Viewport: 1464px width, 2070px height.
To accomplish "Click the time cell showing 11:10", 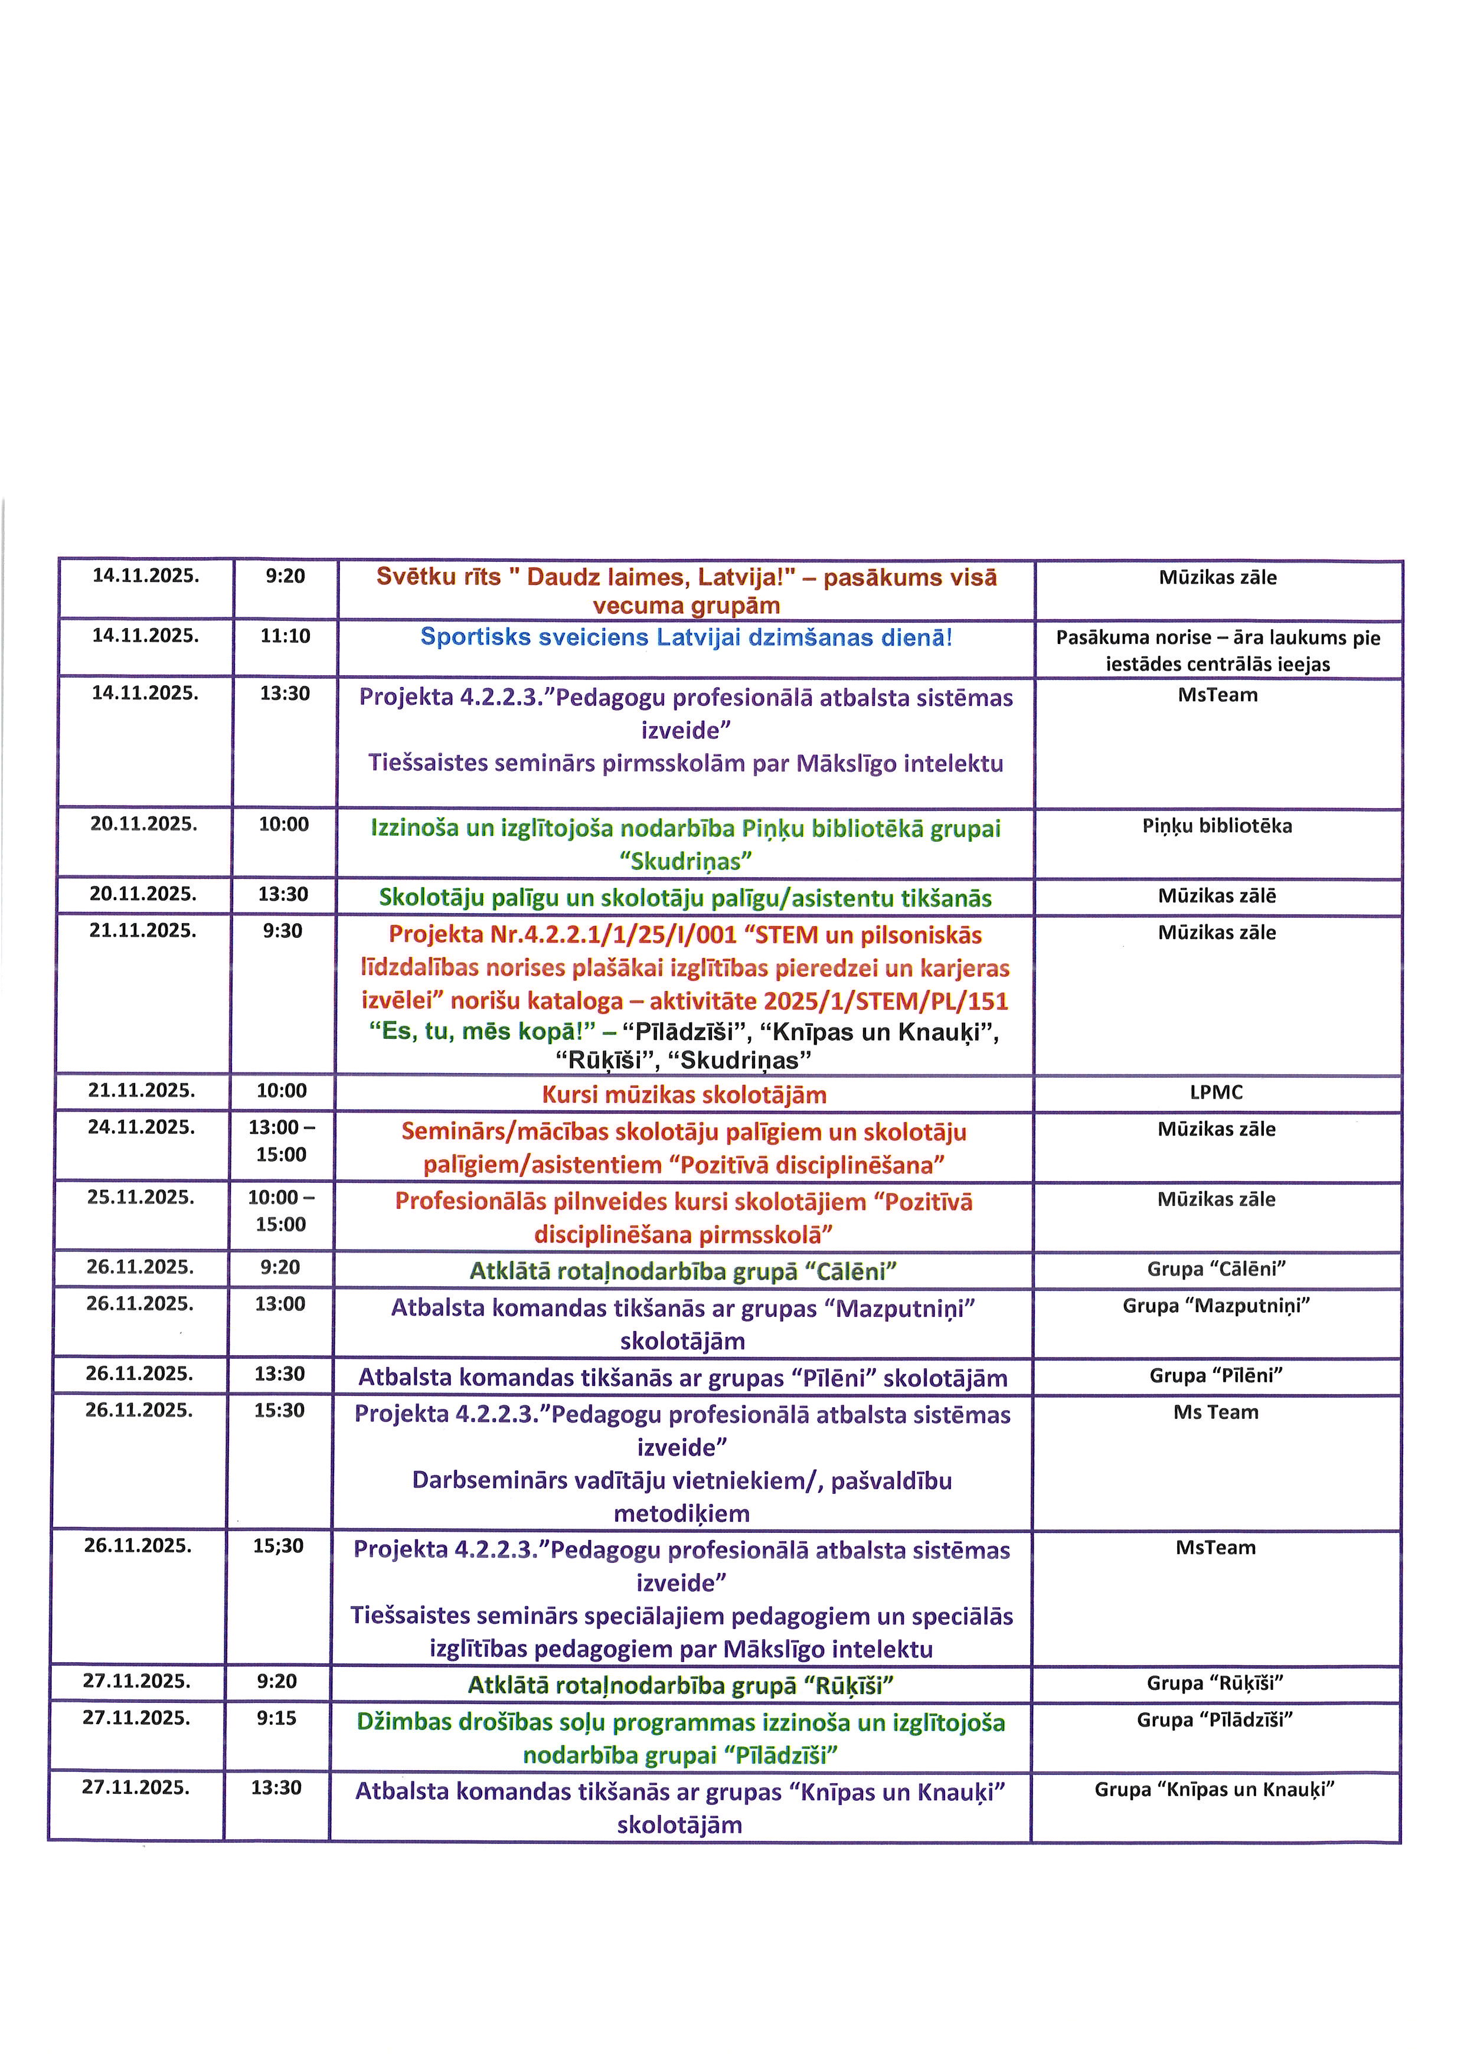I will click(285, 636).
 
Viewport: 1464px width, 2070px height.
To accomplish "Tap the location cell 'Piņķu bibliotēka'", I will click(1217, 827).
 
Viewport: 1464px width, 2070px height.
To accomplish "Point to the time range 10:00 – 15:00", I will click(281, 1211).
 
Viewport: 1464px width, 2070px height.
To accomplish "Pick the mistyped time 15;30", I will click(277, 1546).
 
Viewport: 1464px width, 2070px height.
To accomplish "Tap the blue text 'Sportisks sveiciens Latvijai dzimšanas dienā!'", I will click(686, 638).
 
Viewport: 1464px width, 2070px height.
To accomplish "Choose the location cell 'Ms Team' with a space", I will click(1216, 1412).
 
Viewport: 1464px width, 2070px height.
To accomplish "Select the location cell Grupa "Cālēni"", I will click(1216, 1270).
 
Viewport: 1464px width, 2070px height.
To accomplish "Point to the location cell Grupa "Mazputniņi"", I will click(1216, 1306).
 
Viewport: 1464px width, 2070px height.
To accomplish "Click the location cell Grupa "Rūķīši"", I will click(1215, 1683).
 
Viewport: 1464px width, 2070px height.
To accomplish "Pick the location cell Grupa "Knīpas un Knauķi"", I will click(1214, 1790).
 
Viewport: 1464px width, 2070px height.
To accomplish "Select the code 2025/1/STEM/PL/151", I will click(885, 1002).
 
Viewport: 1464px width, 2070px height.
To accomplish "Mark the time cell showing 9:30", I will click(282, 931).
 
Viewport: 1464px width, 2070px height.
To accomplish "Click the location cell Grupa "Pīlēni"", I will click(1216, 1376).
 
